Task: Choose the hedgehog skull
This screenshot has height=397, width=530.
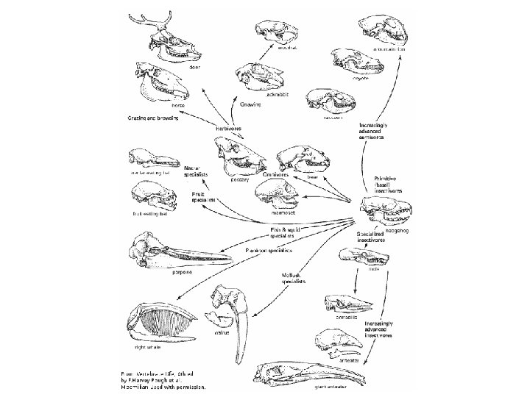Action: coord(386,214)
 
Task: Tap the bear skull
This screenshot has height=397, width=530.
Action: coord(302,161)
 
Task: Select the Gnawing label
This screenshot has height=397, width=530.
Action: coord(251,104)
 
